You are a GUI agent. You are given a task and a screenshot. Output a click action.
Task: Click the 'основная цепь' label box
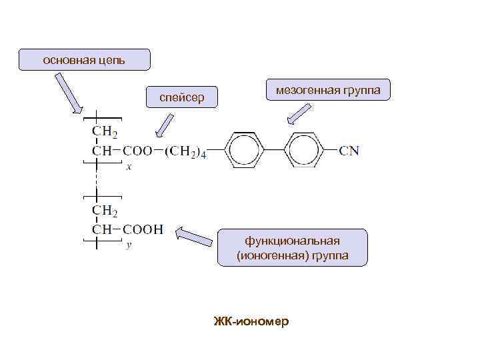[85, 59]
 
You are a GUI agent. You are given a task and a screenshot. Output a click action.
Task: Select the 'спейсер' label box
[181, 98]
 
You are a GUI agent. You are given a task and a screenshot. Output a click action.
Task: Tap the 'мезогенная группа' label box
[328, 90]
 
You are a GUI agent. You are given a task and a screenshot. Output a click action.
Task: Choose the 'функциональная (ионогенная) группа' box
[293, 248]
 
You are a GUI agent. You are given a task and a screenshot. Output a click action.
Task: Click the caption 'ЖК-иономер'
[251, 321]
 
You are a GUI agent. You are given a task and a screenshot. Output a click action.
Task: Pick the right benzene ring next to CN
[304, 151]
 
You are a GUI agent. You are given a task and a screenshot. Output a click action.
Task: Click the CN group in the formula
[349, 151]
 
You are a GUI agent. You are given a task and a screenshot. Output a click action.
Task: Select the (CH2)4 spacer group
[185, 152]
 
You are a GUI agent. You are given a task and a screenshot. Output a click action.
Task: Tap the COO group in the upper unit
[137, 151]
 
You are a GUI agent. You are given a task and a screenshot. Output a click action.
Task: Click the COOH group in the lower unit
[143, 230]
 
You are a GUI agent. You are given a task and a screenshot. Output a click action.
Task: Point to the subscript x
[129, 167]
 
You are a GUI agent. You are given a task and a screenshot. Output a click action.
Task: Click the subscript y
[129, 246]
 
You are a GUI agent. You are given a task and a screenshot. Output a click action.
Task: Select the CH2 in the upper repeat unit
[105, 131]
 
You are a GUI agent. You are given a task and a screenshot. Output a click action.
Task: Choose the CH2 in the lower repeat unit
[105, 211]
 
